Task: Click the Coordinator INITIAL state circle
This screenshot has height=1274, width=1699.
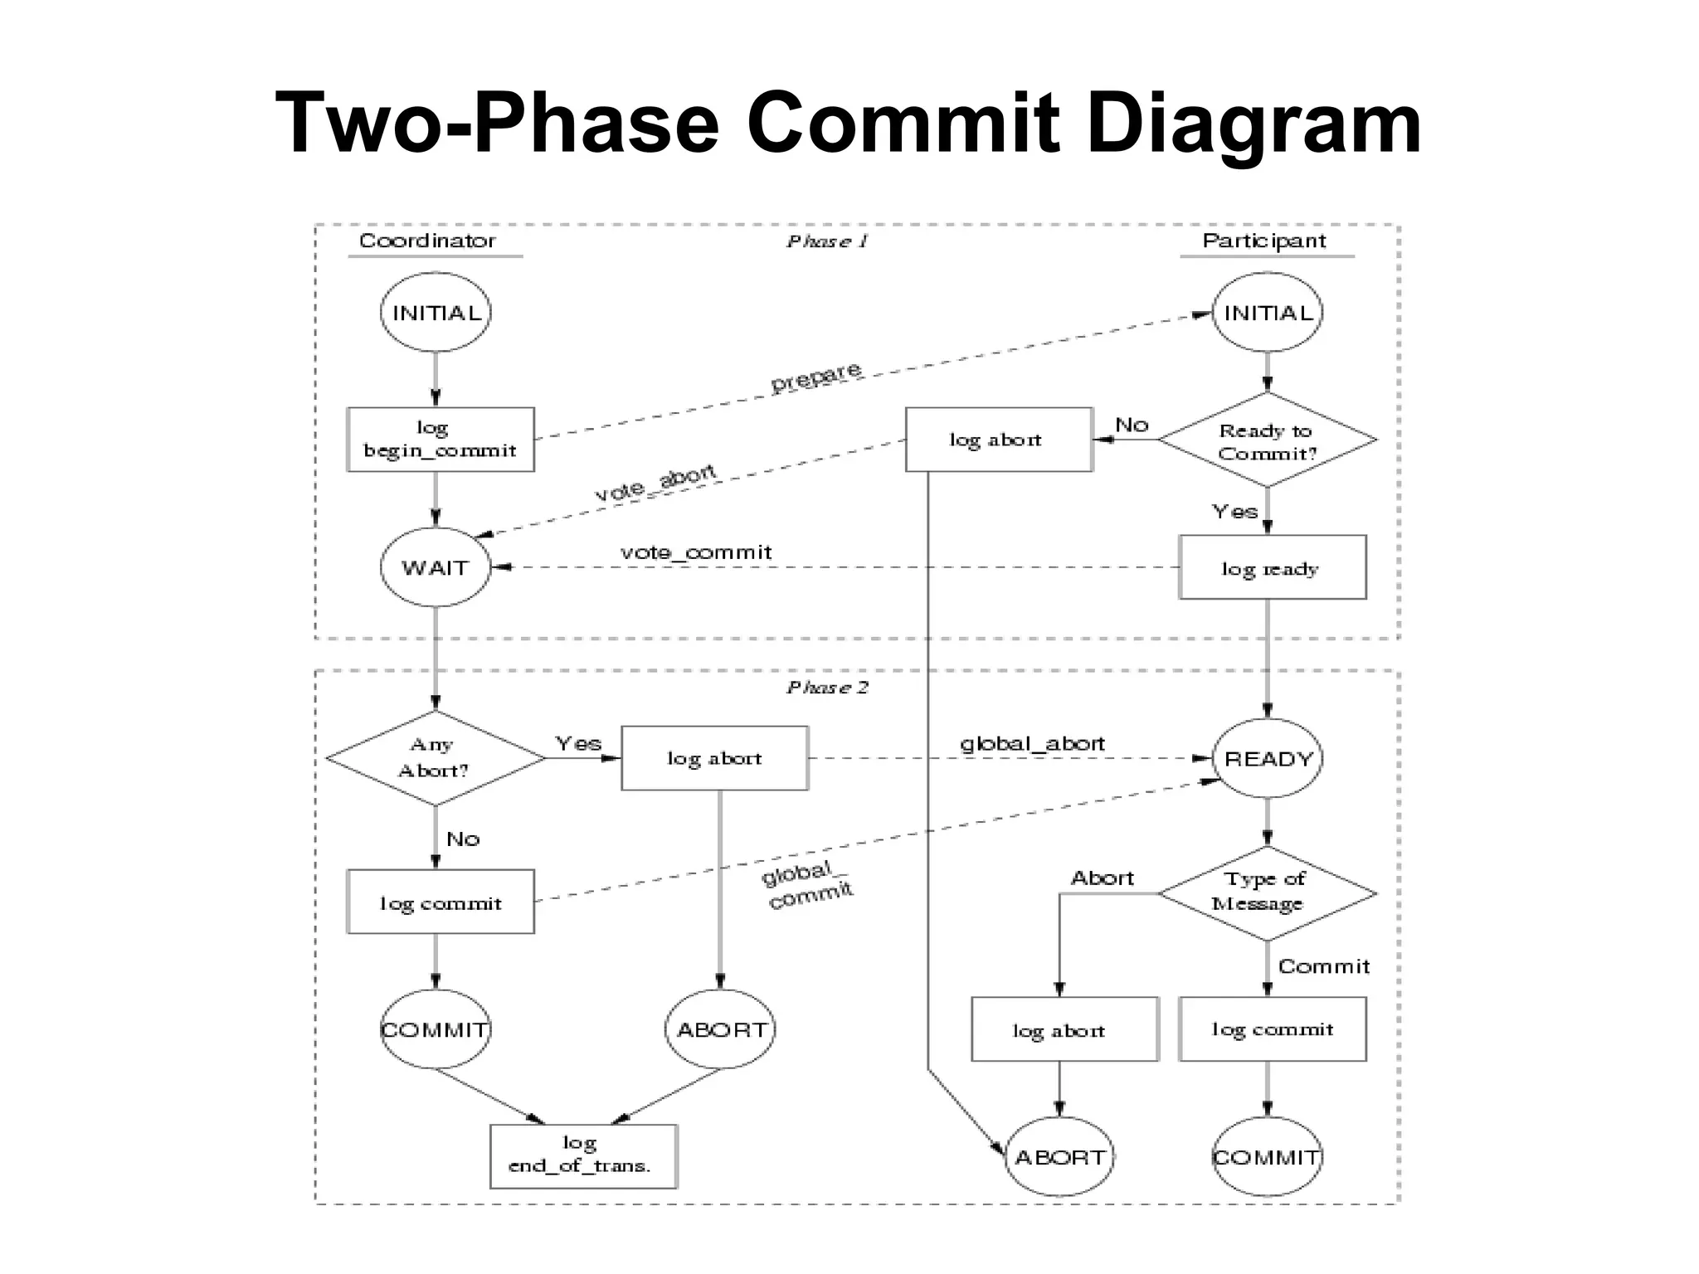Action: (435, 313)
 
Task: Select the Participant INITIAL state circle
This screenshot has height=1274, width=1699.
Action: (1267, 313)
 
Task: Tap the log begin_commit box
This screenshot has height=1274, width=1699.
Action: (440, 440)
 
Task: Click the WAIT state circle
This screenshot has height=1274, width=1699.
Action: (435, 567)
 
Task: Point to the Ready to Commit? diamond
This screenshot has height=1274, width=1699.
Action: (1267, 440)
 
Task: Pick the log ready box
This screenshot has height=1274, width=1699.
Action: (1272, 567)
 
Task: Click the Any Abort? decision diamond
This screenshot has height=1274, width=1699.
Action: (435, 758)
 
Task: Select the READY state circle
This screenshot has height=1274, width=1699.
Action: (1267, 758)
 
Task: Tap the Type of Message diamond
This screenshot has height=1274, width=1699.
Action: (1267, 892)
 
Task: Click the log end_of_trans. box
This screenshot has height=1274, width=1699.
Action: (582, 1155)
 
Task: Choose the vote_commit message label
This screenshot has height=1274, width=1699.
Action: (696, 552)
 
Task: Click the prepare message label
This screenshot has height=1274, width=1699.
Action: (816, 377)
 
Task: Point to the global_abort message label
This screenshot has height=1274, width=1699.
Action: (1032, 743)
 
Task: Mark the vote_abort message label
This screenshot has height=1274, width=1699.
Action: (655, 483)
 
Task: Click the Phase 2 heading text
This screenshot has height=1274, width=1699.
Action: (827, 688)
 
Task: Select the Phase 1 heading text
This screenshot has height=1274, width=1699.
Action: (827, 241)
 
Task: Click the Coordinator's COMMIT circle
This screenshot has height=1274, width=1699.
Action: (435, 1029)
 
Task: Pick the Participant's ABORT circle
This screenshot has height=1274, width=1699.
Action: (1059, 1156)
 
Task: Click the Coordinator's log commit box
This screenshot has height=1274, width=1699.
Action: (440, 902)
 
